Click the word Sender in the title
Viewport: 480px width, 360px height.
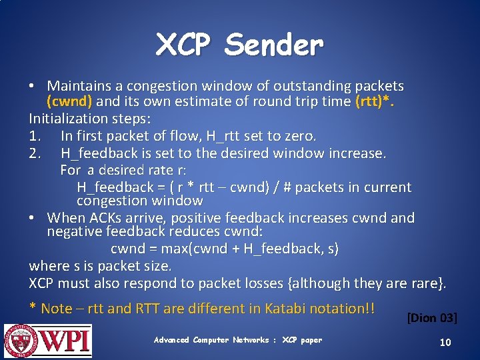pyautogui.click(x=273, y=45)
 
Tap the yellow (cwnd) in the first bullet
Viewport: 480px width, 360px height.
pyautogui.click(x=71, y=102)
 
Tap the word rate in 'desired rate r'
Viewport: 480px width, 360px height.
pyautogui.click(x=155, y=170)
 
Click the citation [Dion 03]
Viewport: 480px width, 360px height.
pyautogui.click(x=431, y=318)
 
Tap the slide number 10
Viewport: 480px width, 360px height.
pyautogui.click(x=445, y=342)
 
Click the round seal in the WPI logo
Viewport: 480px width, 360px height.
pyautogui.click(x=21, y=340)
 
